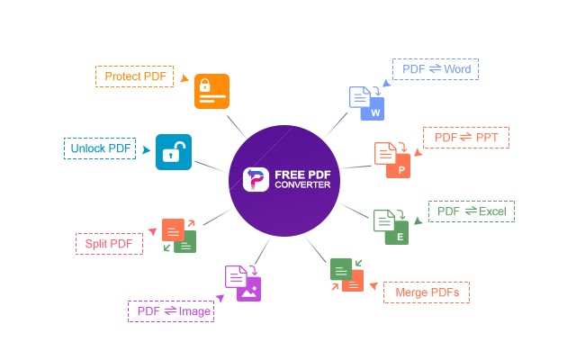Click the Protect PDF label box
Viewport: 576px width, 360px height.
[x=134, y=76]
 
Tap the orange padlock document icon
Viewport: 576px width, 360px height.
[x=212, y=91]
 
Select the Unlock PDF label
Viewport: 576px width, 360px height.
[x=100, y=148]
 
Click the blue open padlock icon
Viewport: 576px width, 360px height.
[x=174, y=152]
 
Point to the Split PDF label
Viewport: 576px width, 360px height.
[x=109, y=244]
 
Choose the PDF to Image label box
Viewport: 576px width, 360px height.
[x=171, y=311]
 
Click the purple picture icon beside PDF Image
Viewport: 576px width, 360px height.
[x=248, y=290]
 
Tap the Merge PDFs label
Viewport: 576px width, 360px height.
[x=427, y=292]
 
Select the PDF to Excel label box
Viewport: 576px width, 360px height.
[x=472, y=211]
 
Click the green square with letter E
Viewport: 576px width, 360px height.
[x=397, y=232]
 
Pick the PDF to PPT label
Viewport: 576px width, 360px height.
[x=466, y=138]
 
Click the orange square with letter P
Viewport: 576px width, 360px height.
[x=398, y=166]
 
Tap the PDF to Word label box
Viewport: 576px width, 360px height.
[x=436, y=69]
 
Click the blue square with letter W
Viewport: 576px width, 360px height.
[x=373, y=109]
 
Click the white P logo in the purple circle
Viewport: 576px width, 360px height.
[x=256, y=179]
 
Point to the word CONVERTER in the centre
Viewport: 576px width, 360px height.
[x=302, y=184]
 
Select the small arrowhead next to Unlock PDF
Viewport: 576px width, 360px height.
[x=146, y=150]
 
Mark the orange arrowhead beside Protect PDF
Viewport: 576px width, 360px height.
[x=184, y=78]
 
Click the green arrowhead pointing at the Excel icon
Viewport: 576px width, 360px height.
[x=418, y=220]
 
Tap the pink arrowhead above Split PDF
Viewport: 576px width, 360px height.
[x=152, y=231]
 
